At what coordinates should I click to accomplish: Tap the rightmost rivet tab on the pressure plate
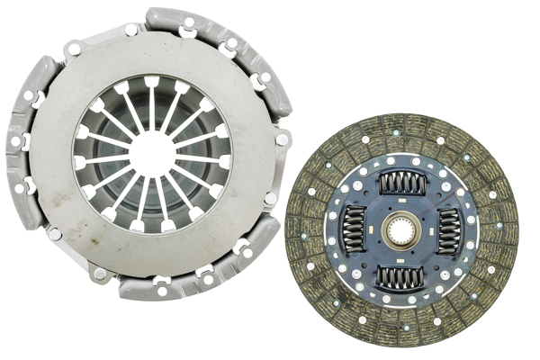click(282, 139)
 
